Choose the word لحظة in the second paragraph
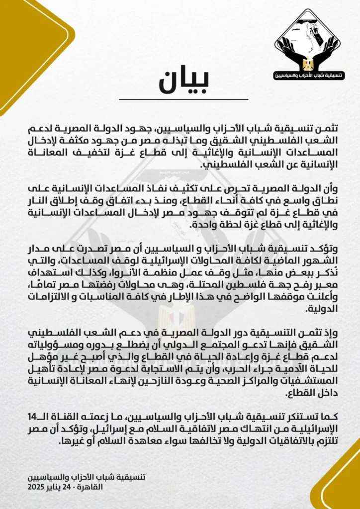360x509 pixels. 85,225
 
